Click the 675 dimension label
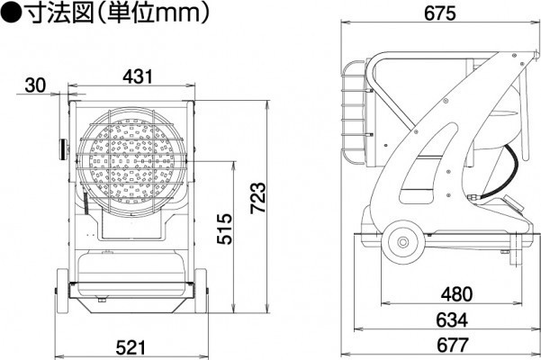click(x=439, y=13)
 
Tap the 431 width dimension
click(x=138, y=76)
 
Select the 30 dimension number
click(x=35, y=85)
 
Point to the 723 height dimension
click(x=258, y=197)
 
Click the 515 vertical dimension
click(x=225, y=229)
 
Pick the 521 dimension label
click(x=131, y=347)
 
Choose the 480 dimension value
click(x=456, y=294)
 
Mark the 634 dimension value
click(x=452, y=320)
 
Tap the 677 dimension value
click(x=452, y=345)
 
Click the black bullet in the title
click(x=11, y=13)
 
